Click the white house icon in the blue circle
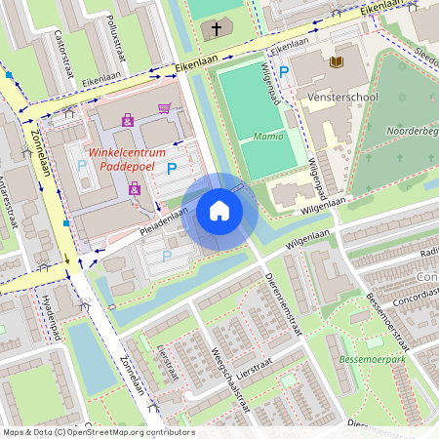pos(219,211)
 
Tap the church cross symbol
pos(217,29)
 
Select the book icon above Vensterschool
pos(338,62)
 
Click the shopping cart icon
pos(164,109)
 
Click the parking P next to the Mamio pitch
pos(285,71)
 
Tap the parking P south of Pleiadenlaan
pos(166,256)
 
